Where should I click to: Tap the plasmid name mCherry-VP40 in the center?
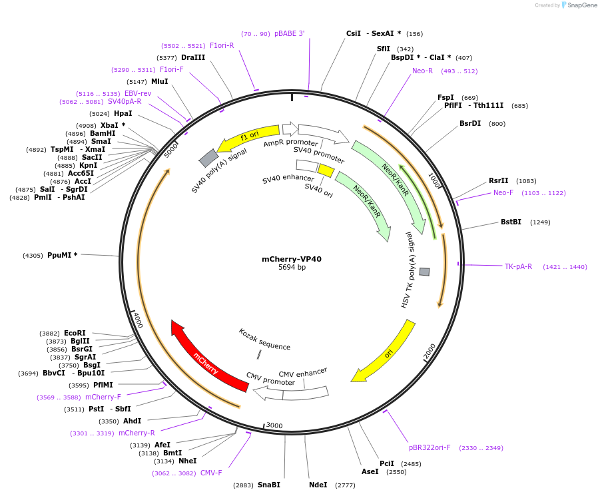coord(292,259)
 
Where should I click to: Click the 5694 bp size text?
coord(292,268)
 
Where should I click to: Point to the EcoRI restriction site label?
coord(75,334)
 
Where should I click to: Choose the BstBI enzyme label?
coord(511,222)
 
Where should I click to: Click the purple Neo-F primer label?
coord(503,193)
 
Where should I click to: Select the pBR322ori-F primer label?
coord(430,447)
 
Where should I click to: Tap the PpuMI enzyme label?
coord(62,255)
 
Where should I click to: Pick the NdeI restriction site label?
coord(318,485)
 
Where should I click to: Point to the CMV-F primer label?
coord(211,473)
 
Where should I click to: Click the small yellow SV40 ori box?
coord(326,171)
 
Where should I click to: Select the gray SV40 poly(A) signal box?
coord(208,158)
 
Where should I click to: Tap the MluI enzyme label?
coord(159,82)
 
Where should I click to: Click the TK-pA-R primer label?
coord(518,267)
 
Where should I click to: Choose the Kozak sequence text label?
coord(264,339)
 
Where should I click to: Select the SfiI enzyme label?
coord(384,49)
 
